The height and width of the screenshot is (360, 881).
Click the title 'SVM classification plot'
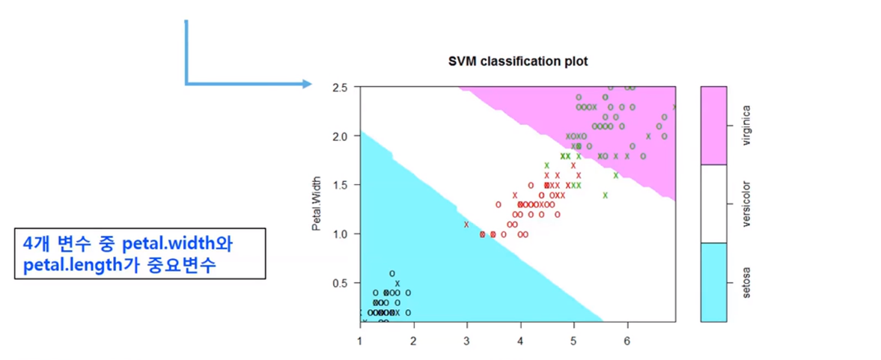click(x=517, y=61)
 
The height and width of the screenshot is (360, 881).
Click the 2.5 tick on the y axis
click(x=341, y=88)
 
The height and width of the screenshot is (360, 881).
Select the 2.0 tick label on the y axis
click(x=341, y=136)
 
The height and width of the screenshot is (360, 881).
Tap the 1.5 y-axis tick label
click(x=341, y=185)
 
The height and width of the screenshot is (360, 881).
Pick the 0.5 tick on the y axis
click(x=341, y=283)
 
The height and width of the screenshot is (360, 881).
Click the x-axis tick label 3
click(x=467, y=342)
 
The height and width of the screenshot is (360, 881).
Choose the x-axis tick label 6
click(x=627, y=342)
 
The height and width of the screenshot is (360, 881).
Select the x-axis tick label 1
click(x=360, y=342)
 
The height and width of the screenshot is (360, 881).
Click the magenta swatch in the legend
click(x=714, y=125)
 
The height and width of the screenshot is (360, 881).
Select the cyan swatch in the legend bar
click(x=714, y=282)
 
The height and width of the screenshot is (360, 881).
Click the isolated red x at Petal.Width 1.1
click(x=466, y=225)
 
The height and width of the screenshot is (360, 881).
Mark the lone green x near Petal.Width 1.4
click(x=605, y=195)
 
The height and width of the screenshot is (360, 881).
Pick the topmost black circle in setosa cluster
click(x=391, y=274)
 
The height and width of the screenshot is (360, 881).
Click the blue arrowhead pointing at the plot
click(x=307, y=84)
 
